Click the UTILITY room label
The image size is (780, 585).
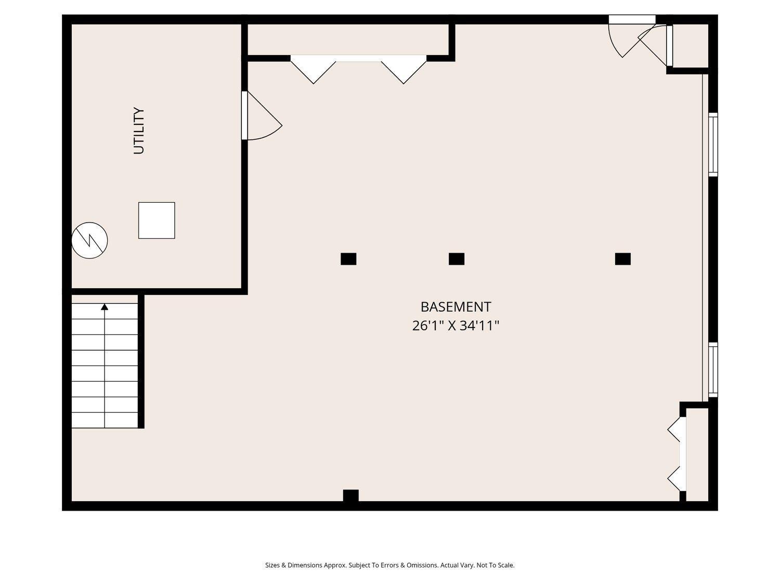(x=139, y=131)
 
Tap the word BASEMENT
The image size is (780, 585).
(x=456, y=306)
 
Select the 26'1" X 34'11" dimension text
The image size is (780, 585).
(x=456, y=326)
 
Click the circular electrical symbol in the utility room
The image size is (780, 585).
(x=89, y=240)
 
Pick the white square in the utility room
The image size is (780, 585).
(x=157, y=220)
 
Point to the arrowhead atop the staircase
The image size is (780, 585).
(x=105, y=306)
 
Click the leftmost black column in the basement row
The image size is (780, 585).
(x=348, y=259)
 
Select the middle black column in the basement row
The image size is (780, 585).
(x=457, y=259)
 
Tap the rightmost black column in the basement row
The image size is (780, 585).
(x=623, y=259)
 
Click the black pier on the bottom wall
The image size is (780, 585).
(x=350, y=496)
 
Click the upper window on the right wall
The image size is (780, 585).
(x=713, y=145)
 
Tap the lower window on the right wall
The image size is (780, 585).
(x=713, y=370)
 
